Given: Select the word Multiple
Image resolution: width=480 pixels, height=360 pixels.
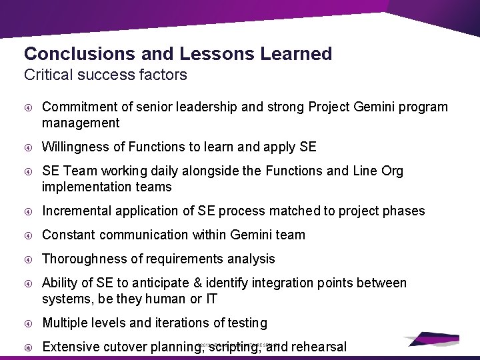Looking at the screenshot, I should [x=65, y=323].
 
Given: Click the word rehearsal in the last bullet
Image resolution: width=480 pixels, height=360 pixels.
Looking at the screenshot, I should [x=319, y=347].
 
